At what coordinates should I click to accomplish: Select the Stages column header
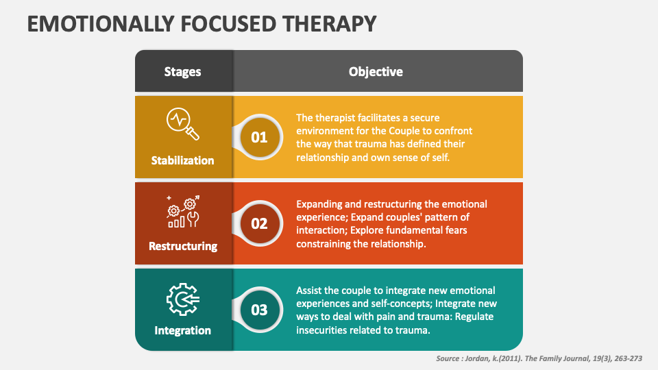183,71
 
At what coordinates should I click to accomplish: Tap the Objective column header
376,71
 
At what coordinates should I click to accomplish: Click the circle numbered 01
259,137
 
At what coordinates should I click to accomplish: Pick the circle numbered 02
259,223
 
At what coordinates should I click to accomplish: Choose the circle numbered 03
259,310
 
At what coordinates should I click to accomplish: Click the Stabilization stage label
183,160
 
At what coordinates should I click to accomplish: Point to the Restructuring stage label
183,246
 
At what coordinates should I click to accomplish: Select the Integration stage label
183,330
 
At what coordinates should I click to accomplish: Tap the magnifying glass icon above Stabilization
183,123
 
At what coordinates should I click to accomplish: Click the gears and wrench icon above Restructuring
183,211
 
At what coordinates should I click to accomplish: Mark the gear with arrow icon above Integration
183,297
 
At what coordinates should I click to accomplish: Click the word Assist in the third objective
310,291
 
